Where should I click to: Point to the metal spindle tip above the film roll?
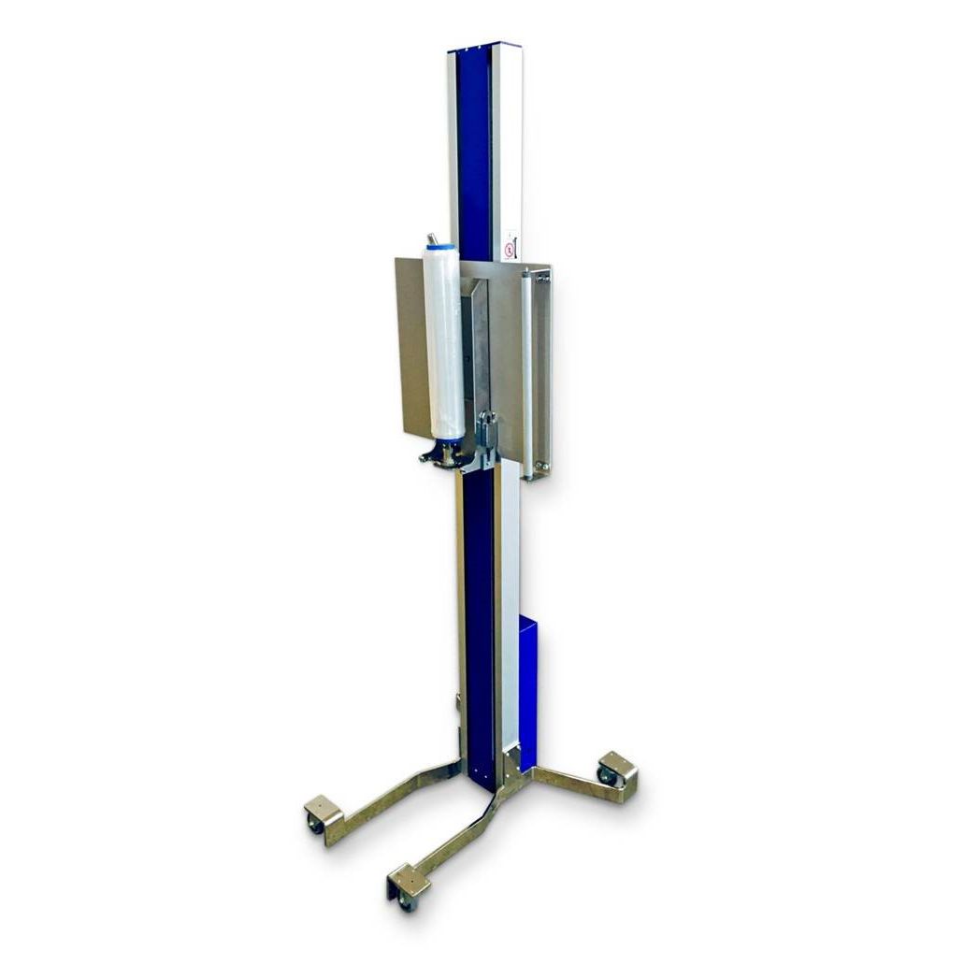432,238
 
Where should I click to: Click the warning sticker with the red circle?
509,250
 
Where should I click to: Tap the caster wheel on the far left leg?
316,823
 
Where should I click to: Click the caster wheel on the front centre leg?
405,900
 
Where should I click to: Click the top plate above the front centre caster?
409,879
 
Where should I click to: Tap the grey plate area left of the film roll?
411,346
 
